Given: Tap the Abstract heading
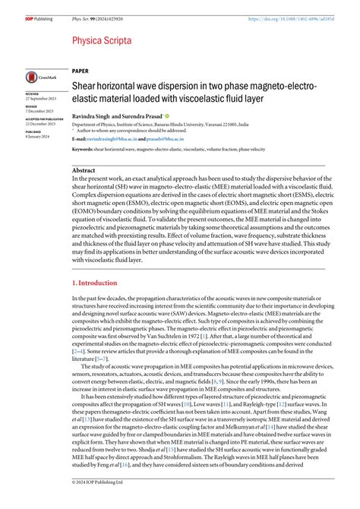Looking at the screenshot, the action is (x=84, y=171).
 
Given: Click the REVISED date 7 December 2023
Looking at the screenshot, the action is (x=38, y=111).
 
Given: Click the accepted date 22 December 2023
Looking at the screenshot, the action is (x=39, y=124).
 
